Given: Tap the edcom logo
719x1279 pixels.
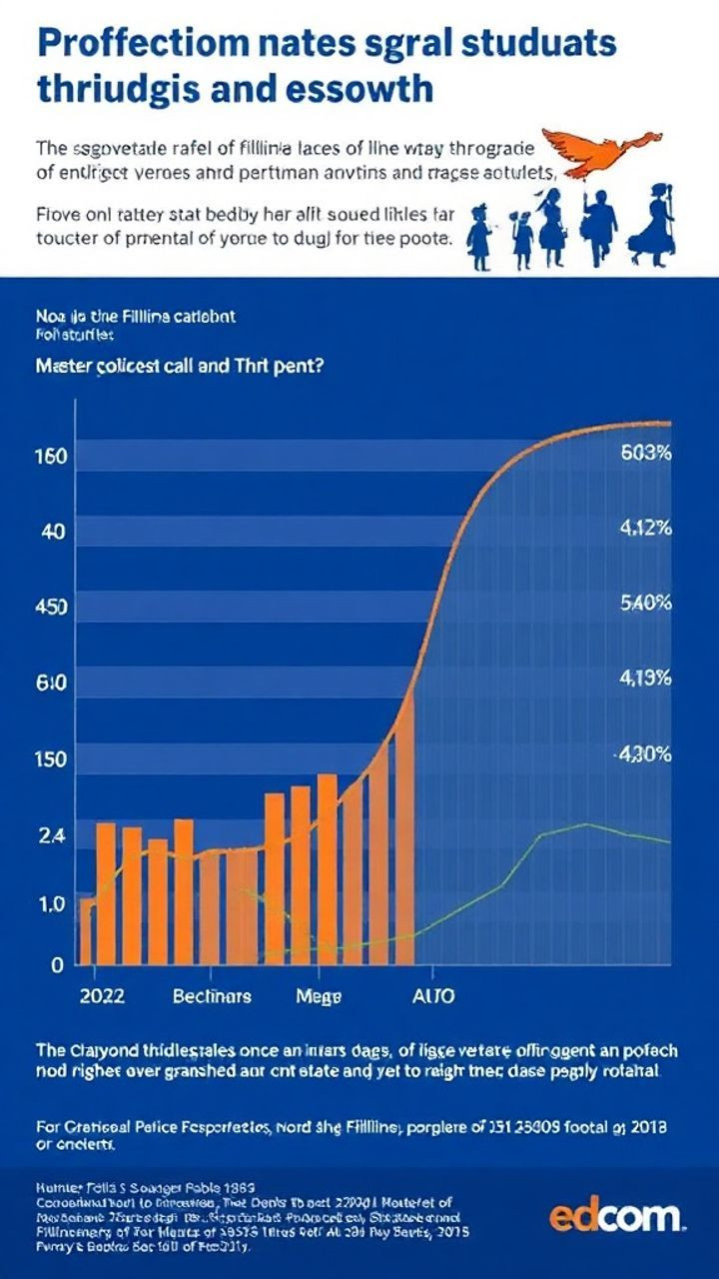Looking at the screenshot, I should pos(616,1216).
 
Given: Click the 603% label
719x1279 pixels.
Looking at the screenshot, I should pos(645,454).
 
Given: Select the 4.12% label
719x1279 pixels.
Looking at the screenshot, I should pos(645,529).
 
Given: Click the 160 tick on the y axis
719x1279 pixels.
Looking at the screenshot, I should pos(51,457).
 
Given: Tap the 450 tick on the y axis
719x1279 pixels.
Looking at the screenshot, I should pos(51,608).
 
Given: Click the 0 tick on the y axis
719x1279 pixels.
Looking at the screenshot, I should pos(57,964).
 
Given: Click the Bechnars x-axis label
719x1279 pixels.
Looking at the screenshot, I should pos(212,996).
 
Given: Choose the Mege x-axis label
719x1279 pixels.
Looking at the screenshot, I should pos(320,996).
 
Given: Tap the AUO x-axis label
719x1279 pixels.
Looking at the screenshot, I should pos(433,996).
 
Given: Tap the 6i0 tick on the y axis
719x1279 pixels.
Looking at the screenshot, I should pos(51,683).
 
